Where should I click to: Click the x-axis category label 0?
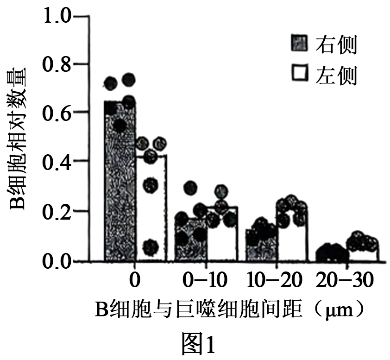click(x=134, y=281)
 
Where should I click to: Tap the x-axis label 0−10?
click(x=203, y=281)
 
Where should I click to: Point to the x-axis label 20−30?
click(x=344, y=281)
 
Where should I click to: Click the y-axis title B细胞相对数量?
click(x=19, y=139)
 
